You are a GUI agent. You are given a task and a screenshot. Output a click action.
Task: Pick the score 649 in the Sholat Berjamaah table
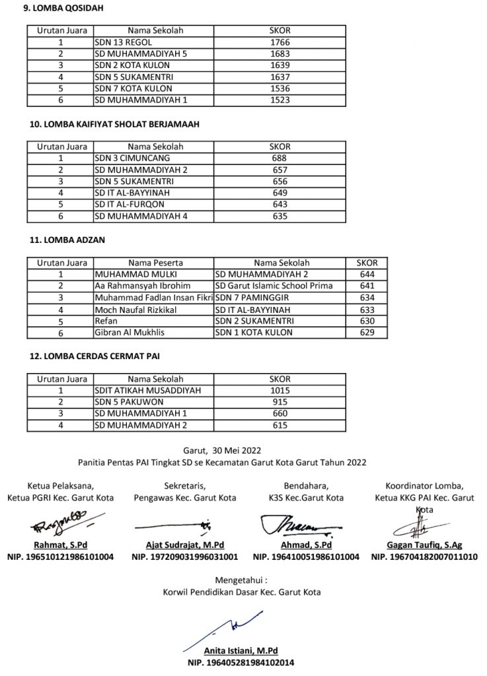coord(280,193)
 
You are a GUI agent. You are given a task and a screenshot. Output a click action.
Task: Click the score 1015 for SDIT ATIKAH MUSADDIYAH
coord(280,390)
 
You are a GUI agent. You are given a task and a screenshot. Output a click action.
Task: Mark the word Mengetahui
coord(243,580)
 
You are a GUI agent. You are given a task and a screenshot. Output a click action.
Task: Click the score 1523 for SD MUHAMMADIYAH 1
coord(280,100)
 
